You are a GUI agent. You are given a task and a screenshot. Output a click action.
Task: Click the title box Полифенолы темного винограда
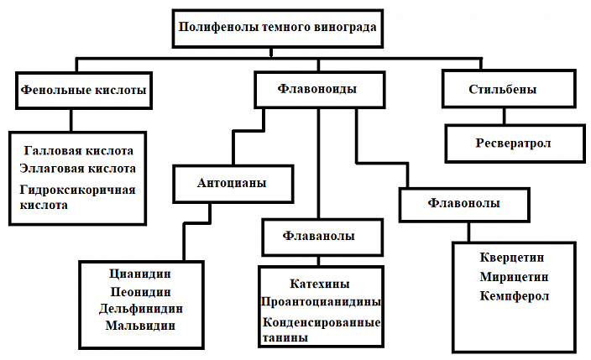(277, 26)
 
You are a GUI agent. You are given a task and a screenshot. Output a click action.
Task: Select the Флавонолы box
(464, 203)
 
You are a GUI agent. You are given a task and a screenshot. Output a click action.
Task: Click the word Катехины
(319, 284)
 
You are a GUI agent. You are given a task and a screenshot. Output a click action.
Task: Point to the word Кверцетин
(513, 258)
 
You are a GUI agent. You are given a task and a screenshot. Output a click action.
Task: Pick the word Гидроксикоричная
(77, 190)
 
